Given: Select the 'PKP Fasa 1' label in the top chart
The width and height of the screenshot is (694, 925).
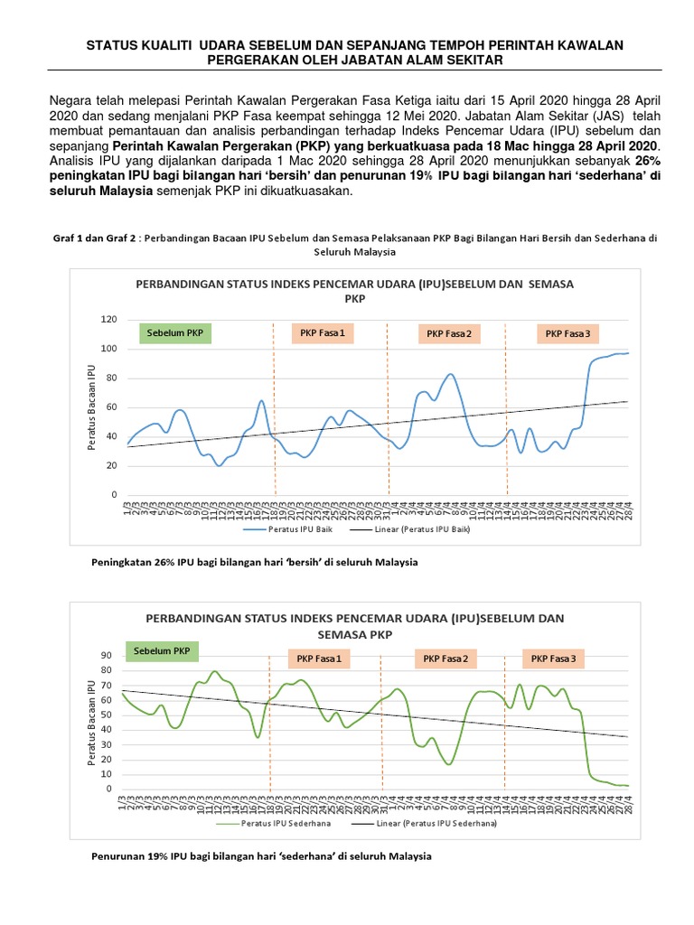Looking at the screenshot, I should [x=322, y=333].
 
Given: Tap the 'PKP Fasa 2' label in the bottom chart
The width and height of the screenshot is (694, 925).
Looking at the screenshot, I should [x=445, y=659].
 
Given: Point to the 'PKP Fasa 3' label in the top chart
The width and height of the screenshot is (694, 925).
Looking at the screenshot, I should [x=567, y=334].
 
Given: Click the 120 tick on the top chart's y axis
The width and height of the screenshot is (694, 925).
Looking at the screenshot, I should [x=109, y=320].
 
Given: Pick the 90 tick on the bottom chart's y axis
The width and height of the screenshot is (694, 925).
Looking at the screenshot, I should [x=105, y=655].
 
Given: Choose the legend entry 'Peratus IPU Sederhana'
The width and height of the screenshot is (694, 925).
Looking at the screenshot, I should [x=286, y=824].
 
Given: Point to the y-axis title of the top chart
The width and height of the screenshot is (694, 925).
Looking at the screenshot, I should [x=91, y=407].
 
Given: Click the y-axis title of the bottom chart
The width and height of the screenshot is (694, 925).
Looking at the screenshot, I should [x=91, y=722].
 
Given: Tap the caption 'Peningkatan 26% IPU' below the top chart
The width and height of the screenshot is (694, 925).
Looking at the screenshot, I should [x=255, y=562].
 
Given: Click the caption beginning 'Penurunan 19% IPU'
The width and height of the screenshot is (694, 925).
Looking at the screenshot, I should [x=261, y=855].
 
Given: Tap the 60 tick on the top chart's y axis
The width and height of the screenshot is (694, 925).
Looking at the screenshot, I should [x=112, y=407].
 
